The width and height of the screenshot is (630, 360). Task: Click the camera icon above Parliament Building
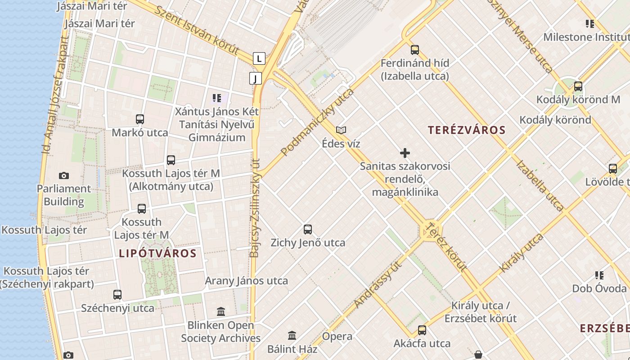coord(64,175)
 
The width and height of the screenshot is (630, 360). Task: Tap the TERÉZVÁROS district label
coord(467,130)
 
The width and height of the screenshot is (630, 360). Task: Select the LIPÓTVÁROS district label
coord(157,253)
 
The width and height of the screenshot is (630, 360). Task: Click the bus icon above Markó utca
coord(140,119)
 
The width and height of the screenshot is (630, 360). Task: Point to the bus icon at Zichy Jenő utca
coord(308,229)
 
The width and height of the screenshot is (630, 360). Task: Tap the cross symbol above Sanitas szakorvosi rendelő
coord(405,153)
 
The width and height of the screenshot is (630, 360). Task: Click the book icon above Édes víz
coord(341,130)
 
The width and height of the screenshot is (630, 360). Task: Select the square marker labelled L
coord(259,58)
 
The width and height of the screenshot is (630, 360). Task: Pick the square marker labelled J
coord(256,79)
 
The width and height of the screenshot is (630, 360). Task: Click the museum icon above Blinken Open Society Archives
coord(221,311)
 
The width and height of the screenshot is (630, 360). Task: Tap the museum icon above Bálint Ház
coord(292,335)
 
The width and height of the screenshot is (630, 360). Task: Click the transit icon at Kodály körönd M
coord(578,86)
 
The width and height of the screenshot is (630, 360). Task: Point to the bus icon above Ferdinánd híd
coord(415,50)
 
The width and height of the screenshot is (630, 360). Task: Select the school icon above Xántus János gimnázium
coord(217,98)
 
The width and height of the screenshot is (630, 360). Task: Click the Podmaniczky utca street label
coord(317,122)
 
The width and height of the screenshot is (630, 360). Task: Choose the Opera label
coord(337,336)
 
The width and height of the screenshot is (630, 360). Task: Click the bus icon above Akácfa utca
coord(422,330)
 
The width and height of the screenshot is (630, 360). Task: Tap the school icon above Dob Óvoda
coord(599,275)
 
